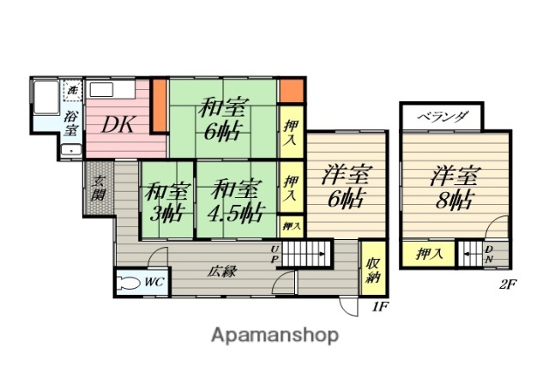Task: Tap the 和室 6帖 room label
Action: tap(221, 121)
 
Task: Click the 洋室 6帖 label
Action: tap(346, 188)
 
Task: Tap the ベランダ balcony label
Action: tap(443, 117)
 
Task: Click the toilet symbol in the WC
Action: tap(130, 283)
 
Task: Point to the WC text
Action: tap(155, 281)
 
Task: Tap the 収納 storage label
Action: tap(373, 269)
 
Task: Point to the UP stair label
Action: tap(276, 253)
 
